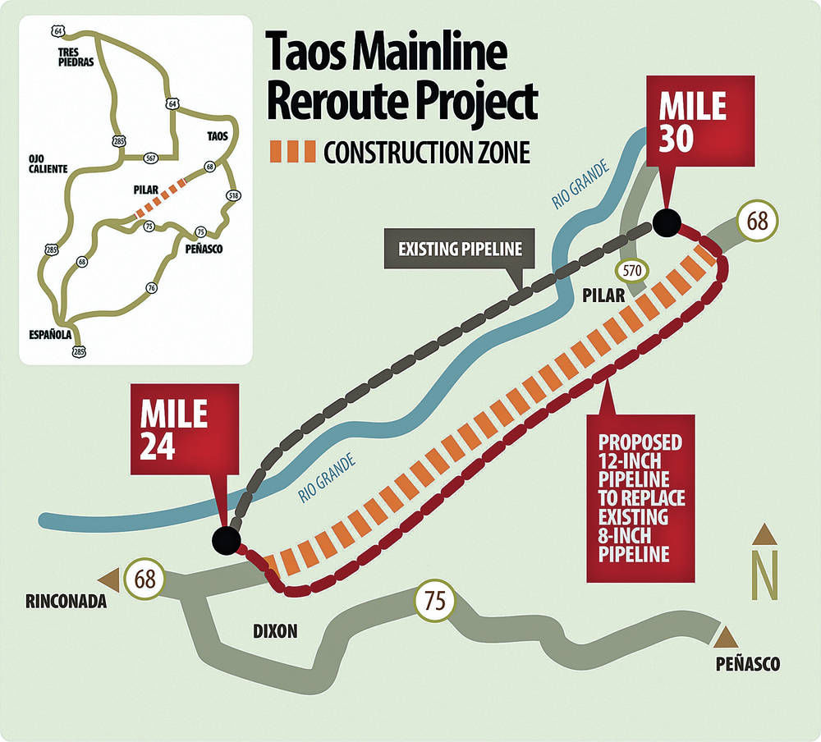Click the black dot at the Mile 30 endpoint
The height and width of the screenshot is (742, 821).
(x=667, y=222)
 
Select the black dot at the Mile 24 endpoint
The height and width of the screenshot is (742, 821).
(x=226, y=539)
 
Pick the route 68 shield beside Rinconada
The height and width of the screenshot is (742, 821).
(x=145, y=579)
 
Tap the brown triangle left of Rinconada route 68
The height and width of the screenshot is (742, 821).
(x=109, y=576)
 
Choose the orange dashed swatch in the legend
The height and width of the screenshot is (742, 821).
(x=291, y=152)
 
